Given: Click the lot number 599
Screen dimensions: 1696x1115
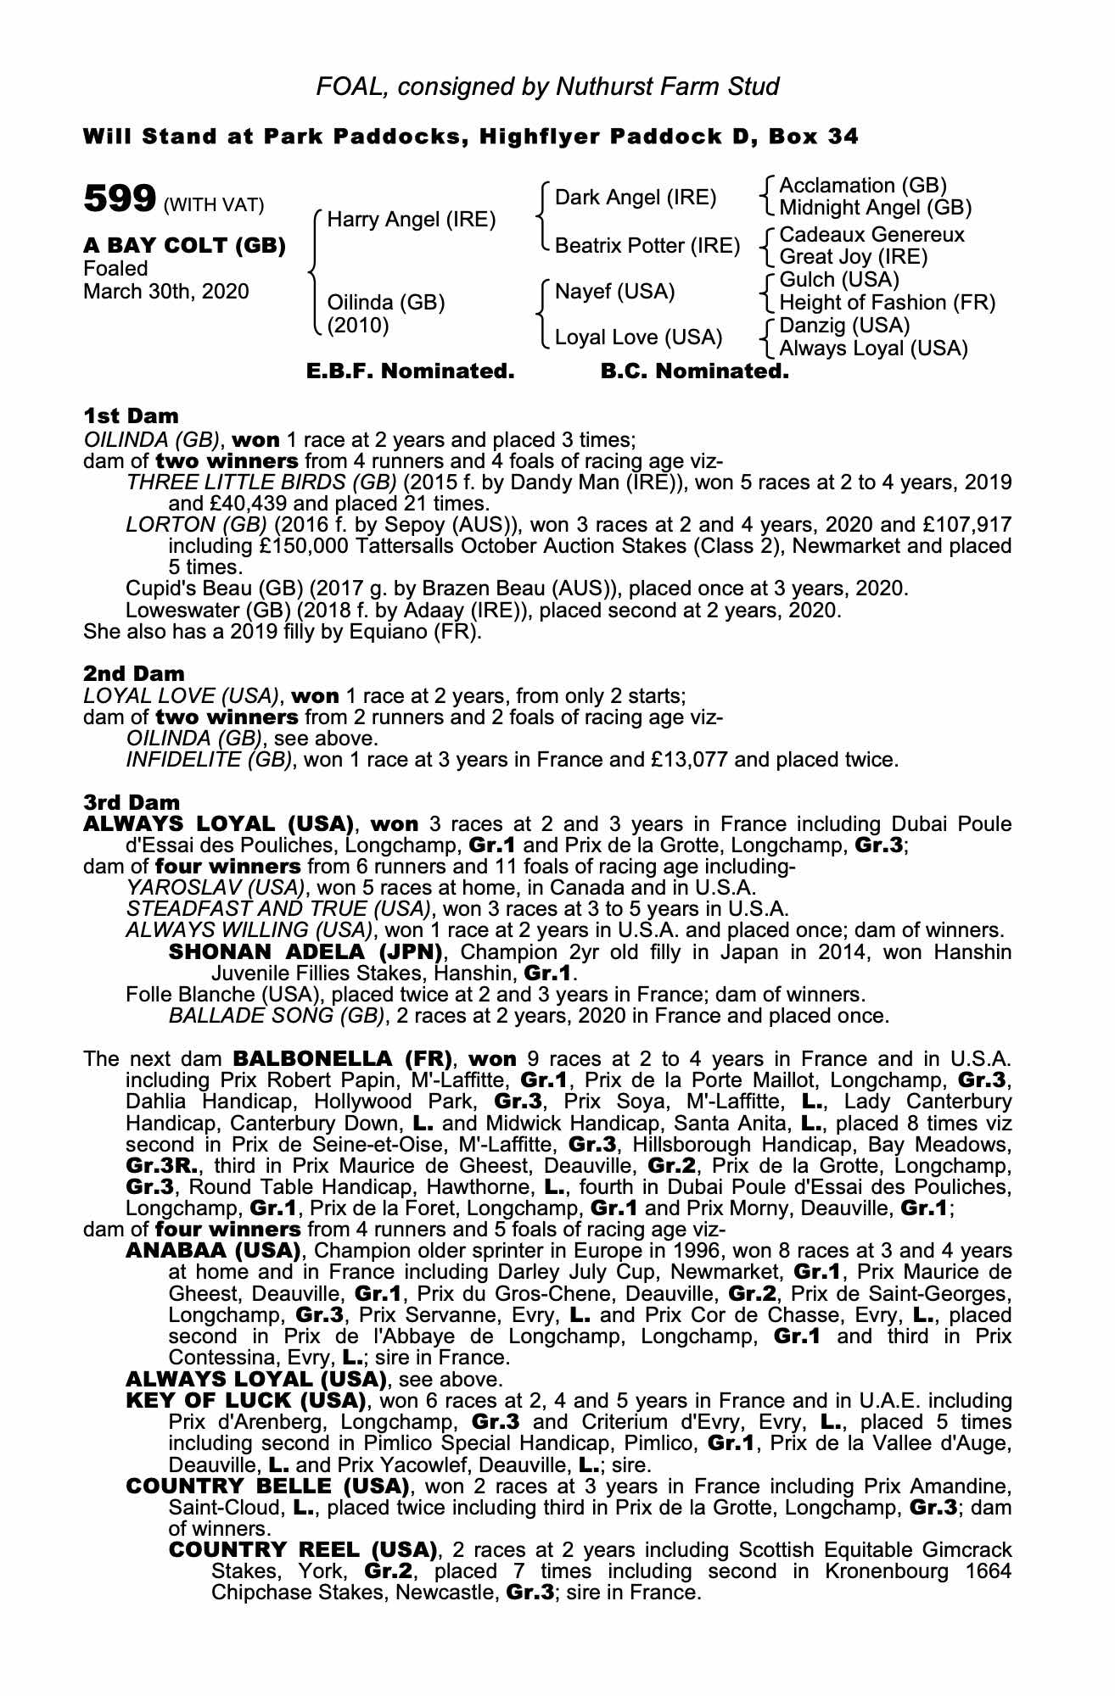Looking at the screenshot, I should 118,200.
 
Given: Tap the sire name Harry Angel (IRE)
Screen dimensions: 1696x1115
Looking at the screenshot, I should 412,220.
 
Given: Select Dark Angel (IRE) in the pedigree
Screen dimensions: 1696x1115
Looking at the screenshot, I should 636,198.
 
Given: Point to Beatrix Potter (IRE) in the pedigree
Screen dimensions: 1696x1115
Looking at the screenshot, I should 647,246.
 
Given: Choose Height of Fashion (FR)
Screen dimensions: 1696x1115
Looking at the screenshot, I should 887,303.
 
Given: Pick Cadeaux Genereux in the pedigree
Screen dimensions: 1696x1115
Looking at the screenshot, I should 871,234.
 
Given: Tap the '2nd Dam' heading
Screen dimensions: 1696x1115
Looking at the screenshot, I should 134,673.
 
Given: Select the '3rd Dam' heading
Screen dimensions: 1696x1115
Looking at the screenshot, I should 132,802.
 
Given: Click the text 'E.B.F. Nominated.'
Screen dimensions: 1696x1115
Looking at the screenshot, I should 410,371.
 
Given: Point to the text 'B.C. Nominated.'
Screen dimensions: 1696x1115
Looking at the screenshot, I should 694,371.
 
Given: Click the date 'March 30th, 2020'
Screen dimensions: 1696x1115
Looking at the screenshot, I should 166,292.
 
